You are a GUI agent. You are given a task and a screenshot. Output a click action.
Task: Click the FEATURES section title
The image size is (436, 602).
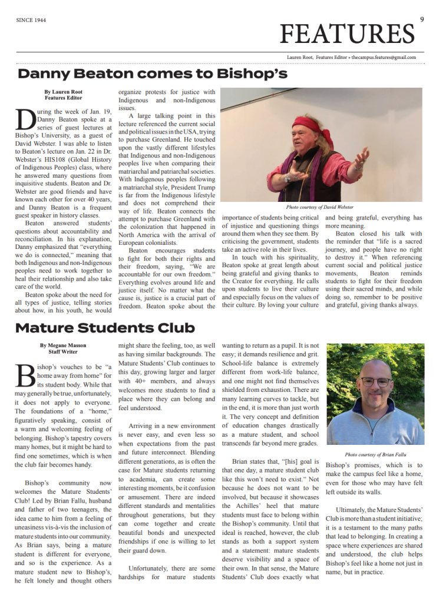tap(348, 33)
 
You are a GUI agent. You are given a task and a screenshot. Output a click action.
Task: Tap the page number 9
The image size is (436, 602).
tap(422, 19)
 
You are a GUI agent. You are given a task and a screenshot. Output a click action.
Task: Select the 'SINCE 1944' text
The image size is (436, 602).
tap(31, 20)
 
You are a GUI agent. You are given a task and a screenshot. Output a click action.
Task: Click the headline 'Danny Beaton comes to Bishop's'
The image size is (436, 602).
tap(153, 74)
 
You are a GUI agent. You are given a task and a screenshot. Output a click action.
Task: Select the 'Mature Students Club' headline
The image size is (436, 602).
tap(105, 327)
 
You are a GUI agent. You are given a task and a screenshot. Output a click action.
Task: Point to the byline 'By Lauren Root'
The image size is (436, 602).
tap(64, 92)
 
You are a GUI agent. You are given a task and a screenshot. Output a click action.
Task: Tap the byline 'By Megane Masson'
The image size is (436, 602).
tap(64, 345)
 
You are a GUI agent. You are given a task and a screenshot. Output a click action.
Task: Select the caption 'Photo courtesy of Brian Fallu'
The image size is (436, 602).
tap(375, 454)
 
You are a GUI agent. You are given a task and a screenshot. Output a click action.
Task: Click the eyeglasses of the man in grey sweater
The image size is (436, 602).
tap(375, 381)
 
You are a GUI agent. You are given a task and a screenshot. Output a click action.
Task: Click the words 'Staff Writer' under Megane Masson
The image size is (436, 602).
tap(64, 351)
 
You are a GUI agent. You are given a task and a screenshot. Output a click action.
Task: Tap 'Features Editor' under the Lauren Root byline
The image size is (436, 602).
tap(64, 98)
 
